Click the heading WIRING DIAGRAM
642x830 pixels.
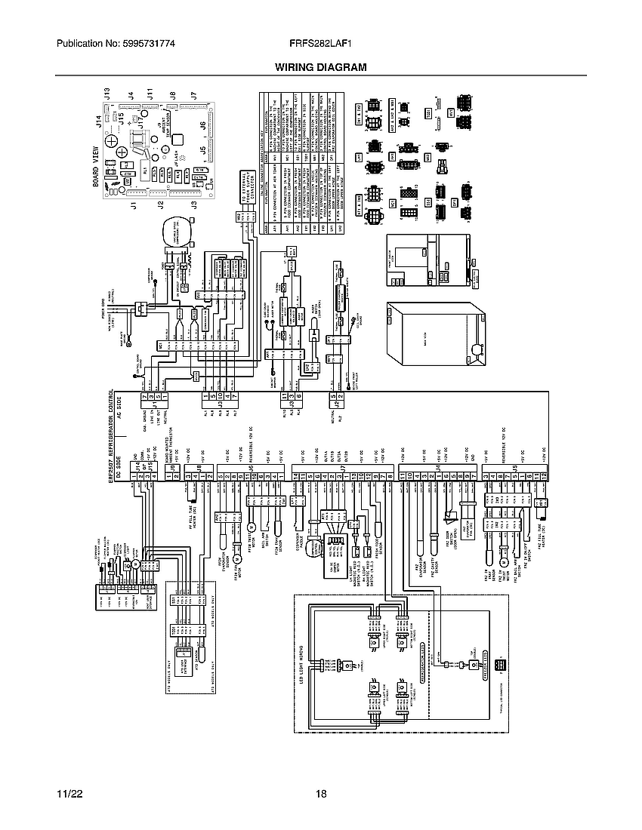[x=320, y=67]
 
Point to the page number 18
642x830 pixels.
[x=321, y=795]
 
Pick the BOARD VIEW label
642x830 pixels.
[x=97, y=171]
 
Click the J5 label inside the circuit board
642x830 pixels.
[x=202, y=149]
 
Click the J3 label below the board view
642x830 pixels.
[x=193, y=205]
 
